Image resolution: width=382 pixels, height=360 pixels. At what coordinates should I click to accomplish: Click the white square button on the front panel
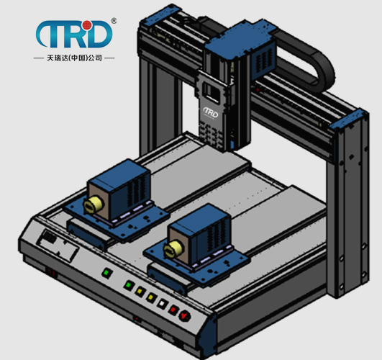click(x=162, y=304)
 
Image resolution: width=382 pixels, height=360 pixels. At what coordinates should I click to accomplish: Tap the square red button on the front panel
click(x=173, y=310)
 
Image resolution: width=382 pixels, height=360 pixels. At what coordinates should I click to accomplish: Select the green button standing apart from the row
click(x=106, y=272)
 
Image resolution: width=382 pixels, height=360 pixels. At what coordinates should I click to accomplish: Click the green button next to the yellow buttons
click(x=129, y=285)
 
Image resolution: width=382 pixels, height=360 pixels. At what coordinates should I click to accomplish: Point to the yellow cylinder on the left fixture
click(x=92, y=204)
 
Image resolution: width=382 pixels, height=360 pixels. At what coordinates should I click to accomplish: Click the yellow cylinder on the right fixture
click(x=173, y=248)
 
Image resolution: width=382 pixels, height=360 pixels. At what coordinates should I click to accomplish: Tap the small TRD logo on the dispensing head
click(x=211, y=112)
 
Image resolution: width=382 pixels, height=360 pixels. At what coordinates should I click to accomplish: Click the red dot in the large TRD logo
click(x=86, y=25)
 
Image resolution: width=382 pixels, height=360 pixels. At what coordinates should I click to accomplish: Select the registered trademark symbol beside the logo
click(x=114, y=21)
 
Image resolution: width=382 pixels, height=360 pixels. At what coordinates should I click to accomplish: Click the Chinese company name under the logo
click(x=74, y=58)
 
